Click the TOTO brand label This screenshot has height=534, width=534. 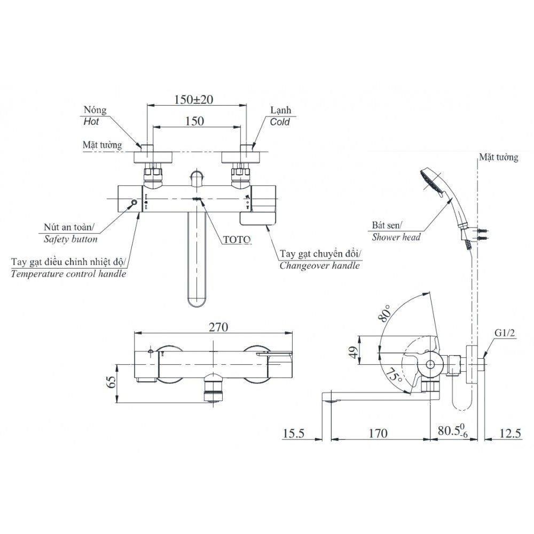pyautogui.click(x=236, y=240)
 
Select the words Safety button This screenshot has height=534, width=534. pyautogui.click(x=70, y=239)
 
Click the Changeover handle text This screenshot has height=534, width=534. pyautogui.click(x=320, y=265)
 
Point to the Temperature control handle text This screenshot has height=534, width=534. pyautogui.click(x=68, y=274)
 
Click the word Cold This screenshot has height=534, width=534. pyautogui.click(x=280, y=122)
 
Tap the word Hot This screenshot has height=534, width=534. pyautogui.click(x=92, y=122)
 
